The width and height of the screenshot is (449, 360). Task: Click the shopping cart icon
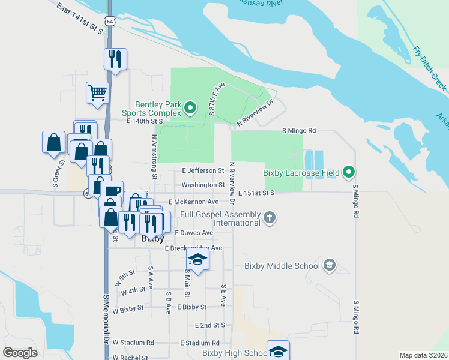pos(97,93)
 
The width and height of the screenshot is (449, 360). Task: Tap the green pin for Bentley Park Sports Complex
pos(190,109)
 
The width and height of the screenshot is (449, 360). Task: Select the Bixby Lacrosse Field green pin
pos(349,173)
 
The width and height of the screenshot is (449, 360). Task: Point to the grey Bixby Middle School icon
pos(329,265)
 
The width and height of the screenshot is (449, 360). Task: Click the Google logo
pos(20,353)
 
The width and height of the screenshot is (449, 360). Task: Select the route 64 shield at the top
pos(109,21)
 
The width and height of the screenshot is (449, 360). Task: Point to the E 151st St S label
pos(256,193)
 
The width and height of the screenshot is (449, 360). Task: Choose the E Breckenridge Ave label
pos(193,248)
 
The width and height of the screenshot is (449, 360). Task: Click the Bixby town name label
pos(152,239)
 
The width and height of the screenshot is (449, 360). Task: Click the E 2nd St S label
pos(209,325)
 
